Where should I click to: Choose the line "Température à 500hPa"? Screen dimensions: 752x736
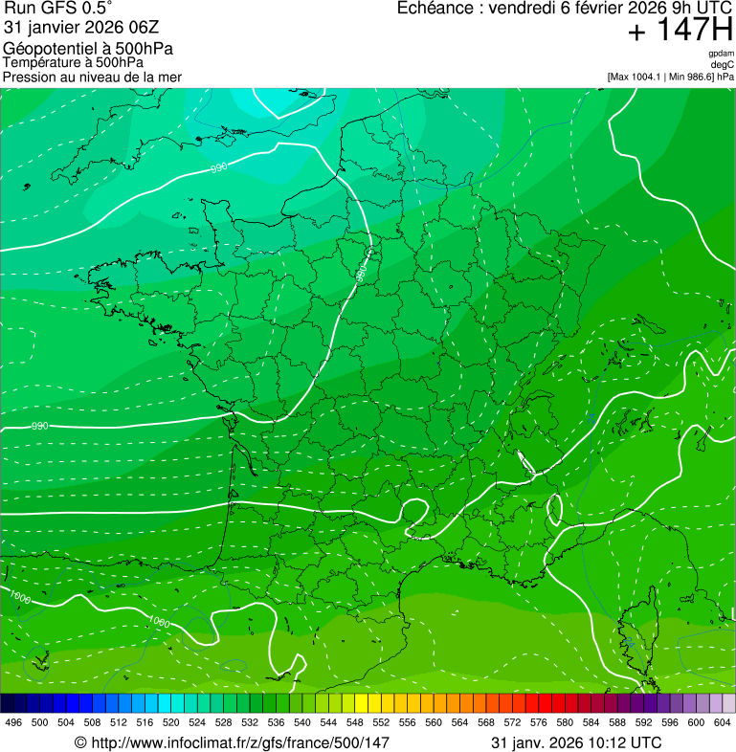73,62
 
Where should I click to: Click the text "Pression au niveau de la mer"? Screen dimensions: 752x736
92,77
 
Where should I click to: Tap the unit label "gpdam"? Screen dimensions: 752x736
721,54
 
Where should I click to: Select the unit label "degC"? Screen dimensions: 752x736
724,64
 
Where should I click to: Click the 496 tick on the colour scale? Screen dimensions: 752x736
13,723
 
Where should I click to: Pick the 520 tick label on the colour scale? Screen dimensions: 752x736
171,723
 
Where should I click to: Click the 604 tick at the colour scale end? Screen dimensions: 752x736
723,723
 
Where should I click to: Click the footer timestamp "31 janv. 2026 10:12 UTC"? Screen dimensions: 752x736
575,742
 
